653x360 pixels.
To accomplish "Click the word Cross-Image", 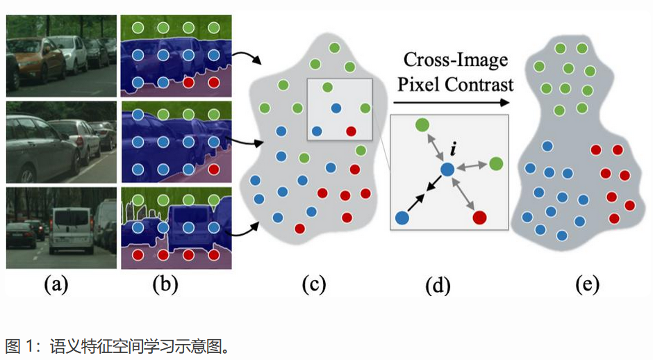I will pos(456,61).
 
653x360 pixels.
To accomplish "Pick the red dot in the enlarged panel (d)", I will pos(479,218).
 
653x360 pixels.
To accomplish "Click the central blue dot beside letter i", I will pos(447,169).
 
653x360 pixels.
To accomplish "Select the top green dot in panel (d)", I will pos(422,125).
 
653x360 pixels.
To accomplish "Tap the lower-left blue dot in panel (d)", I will pos(402,218).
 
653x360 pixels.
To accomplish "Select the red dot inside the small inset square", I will pos(351,131).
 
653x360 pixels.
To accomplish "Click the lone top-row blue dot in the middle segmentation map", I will pos(138,113).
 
